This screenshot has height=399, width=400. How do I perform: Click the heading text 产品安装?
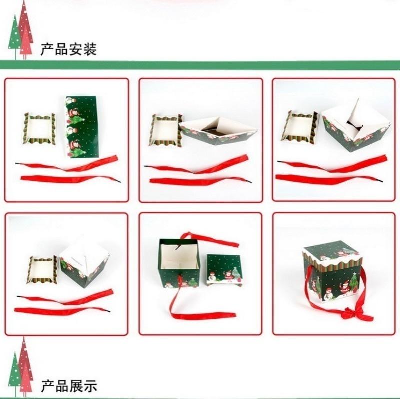pyautogui.click(x=69, y=49)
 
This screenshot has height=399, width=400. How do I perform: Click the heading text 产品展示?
pyautogui.click(x=69, y=386)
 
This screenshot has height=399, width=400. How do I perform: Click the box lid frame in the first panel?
pyautogui.click(x=39, y=129)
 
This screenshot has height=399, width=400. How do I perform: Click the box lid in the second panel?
pyautogui.click(x=166, y=130)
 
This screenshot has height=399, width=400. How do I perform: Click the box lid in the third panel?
pyautogui.click(x=299, y=126)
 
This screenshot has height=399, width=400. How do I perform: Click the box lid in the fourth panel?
pyautogui.click(x=42, y=270)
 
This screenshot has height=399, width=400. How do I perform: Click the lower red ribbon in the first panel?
pyautogui.click(x=70, y=179)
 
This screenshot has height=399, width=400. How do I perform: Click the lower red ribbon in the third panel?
pyautogui.click(x=329, y=179)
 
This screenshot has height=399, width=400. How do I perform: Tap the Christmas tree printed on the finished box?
pyautogui.click(x=353, y=282)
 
